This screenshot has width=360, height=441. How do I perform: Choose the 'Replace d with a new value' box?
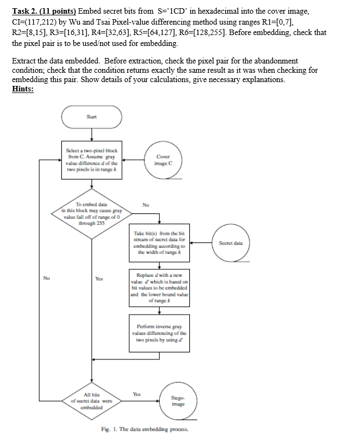(x=159, y=286)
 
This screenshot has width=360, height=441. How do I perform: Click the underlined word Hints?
(x=22, y=90)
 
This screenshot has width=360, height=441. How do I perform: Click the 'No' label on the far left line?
(x=47, y=277)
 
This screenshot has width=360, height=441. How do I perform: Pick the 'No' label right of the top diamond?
(x=145, y=206)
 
